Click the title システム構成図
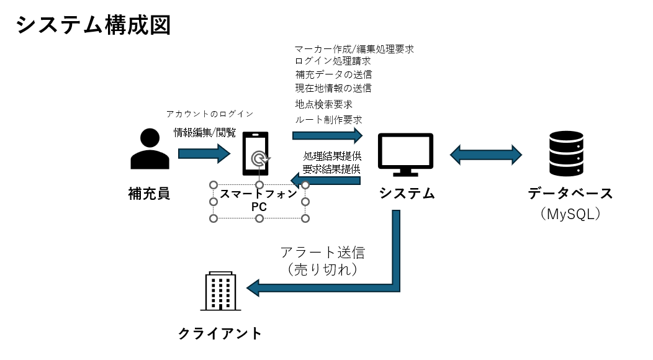coord(93,25)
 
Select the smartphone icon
coord(256,154)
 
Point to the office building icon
coord(221,291)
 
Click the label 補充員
coord(149,194)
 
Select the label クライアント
coord(220,334)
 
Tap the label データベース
coord(570,194)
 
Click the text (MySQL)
coord(570,214)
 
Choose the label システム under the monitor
coord(407,194)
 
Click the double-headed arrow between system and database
coord(485,155)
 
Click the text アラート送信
coord(322,253)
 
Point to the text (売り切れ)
coord(322,270)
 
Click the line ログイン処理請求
coord(333,61)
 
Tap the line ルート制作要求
coord(328,120)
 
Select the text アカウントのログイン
coord(210,114)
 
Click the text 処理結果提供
coord(332,156)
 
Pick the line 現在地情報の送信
coord(333,88)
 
